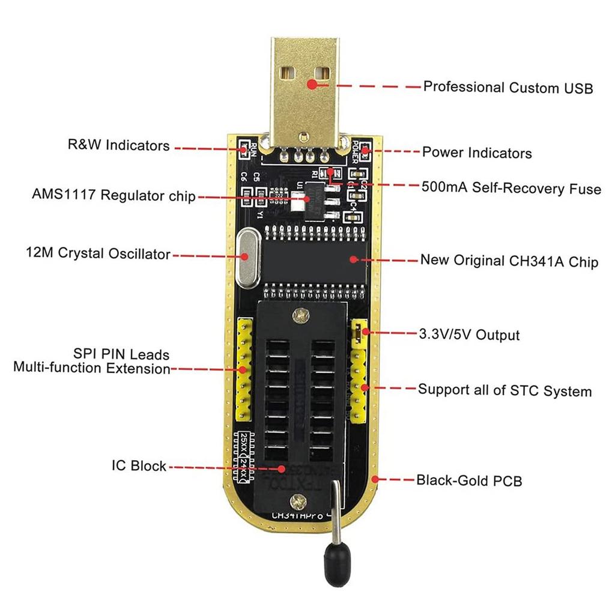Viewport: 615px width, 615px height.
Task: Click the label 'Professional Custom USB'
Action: [x=508, y=88]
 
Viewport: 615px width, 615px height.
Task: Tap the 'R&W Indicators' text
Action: [x=118, y=145]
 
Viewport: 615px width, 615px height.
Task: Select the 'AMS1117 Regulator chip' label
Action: [x=114, y=195]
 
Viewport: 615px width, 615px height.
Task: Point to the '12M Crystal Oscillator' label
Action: [x=99, y=253]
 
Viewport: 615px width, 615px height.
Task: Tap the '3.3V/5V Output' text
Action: [x=469, y=334]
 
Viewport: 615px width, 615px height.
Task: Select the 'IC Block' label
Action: [x=139, y=466]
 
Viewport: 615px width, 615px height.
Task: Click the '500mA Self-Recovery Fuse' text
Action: [x=511, y=189]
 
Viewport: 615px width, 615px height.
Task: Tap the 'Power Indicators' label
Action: [x=477, y=153]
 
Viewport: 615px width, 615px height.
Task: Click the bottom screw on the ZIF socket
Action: [x=294, y=500]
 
